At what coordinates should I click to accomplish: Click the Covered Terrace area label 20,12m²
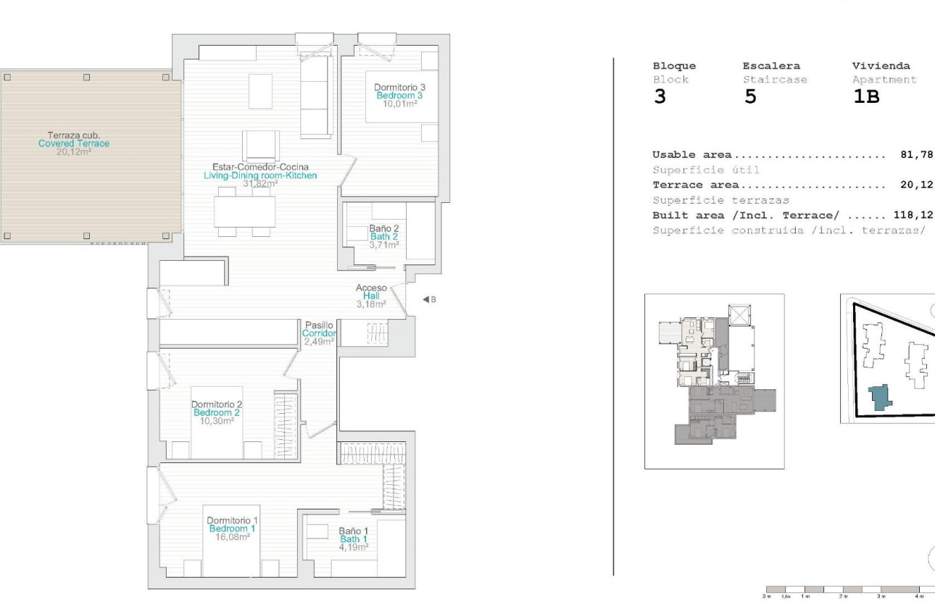pyautogui.click(x=74, y=152)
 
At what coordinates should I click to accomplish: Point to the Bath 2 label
pyautogui.click(x=384, y=236)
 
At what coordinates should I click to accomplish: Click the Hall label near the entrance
pyautogui.click(x=371, y=296)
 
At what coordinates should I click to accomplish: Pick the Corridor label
pyautogui.click(x=319, y=333)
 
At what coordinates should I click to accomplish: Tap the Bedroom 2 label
pyautogui.click(x=217, y=412)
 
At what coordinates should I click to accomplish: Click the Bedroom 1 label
pyautogui.click(x=232, y=529)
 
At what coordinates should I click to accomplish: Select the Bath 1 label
pyautogui.click(x=354, y=539)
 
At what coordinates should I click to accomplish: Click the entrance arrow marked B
pyautogui.click(x=428, y=299)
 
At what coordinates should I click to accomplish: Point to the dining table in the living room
pyautogui.click(x=244, y=212)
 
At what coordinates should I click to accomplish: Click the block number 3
pyautogui.click(x=660, y=97)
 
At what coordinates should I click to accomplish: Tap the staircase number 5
pyautogui.click(x=750, y=97)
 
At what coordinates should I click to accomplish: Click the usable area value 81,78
pyautogui.click(x=916, y=155)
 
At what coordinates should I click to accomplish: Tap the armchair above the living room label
pyautogui.click(x=260, y=146)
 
